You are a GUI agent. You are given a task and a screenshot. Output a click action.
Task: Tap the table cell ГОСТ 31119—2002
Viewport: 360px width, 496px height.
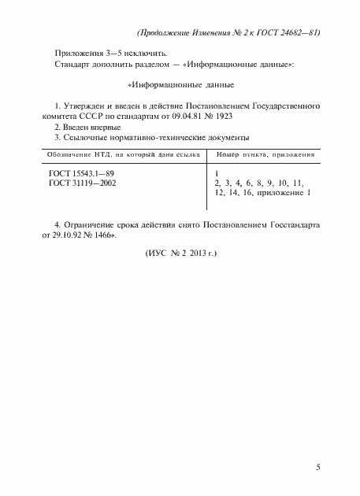point(81,183)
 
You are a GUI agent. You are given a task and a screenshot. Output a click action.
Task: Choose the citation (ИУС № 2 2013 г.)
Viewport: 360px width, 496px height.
point(180,255)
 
